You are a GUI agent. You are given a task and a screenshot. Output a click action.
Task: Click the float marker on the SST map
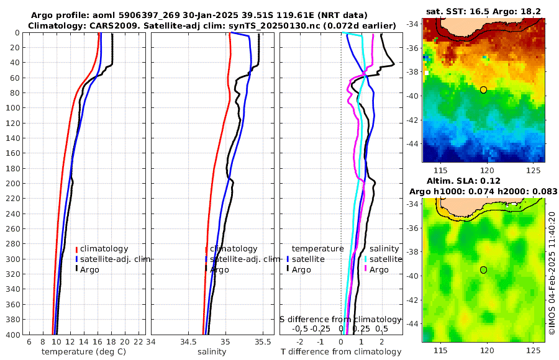tap(483, 90)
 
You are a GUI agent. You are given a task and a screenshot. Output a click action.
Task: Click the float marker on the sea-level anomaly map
tap(483, 270)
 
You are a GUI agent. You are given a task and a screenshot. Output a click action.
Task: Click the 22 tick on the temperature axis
tap(138, 341)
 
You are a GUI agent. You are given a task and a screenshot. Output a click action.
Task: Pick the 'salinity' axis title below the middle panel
tap(211, 352)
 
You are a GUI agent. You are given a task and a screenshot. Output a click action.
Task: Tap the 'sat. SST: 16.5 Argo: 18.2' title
tap(484, 11)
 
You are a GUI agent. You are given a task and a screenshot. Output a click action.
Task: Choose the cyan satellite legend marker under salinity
tap(366, 259)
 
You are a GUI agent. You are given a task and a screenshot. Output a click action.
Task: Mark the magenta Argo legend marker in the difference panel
tap(366, 269)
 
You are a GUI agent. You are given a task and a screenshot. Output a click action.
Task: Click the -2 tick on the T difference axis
tap(301, 341)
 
